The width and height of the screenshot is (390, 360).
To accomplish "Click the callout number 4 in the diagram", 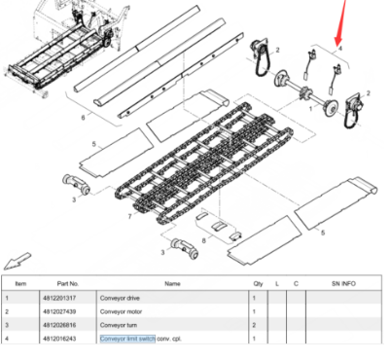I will [x=339, y=47].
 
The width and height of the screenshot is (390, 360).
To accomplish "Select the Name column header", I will [x=172, y=283].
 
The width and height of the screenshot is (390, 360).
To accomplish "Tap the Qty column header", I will [x=258, y=283].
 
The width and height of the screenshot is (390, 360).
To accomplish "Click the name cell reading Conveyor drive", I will [x=120, y=297].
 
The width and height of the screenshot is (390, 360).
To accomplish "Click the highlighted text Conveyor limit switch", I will [x=127, y=338].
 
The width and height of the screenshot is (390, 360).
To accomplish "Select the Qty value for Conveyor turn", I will [x=258, y=324].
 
